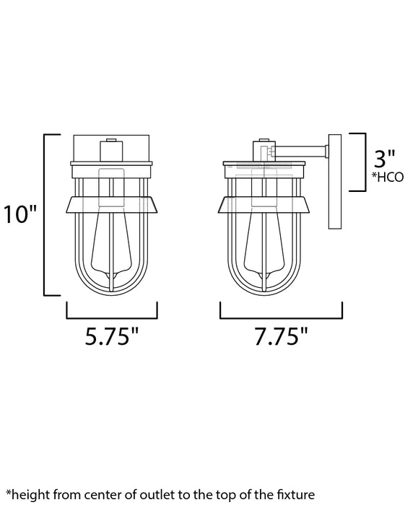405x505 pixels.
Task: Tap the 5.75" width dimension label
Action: point(112,337)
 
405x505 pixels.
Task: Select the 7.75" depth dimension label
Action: point(281,337)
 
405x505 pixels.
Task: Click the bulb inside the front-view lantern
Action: point(111,242)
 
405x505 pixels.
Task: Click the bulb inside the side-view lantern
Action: point(263,242)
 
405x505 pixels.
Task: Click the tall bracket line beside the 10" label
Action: point(46,214)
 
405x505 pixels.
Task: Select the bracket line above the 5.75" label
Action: point(112,317)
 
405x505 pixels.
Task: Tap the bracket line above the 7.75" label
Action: point(281,317)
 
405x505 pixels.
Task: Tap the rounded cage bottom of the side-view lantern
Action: point(263,289)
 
